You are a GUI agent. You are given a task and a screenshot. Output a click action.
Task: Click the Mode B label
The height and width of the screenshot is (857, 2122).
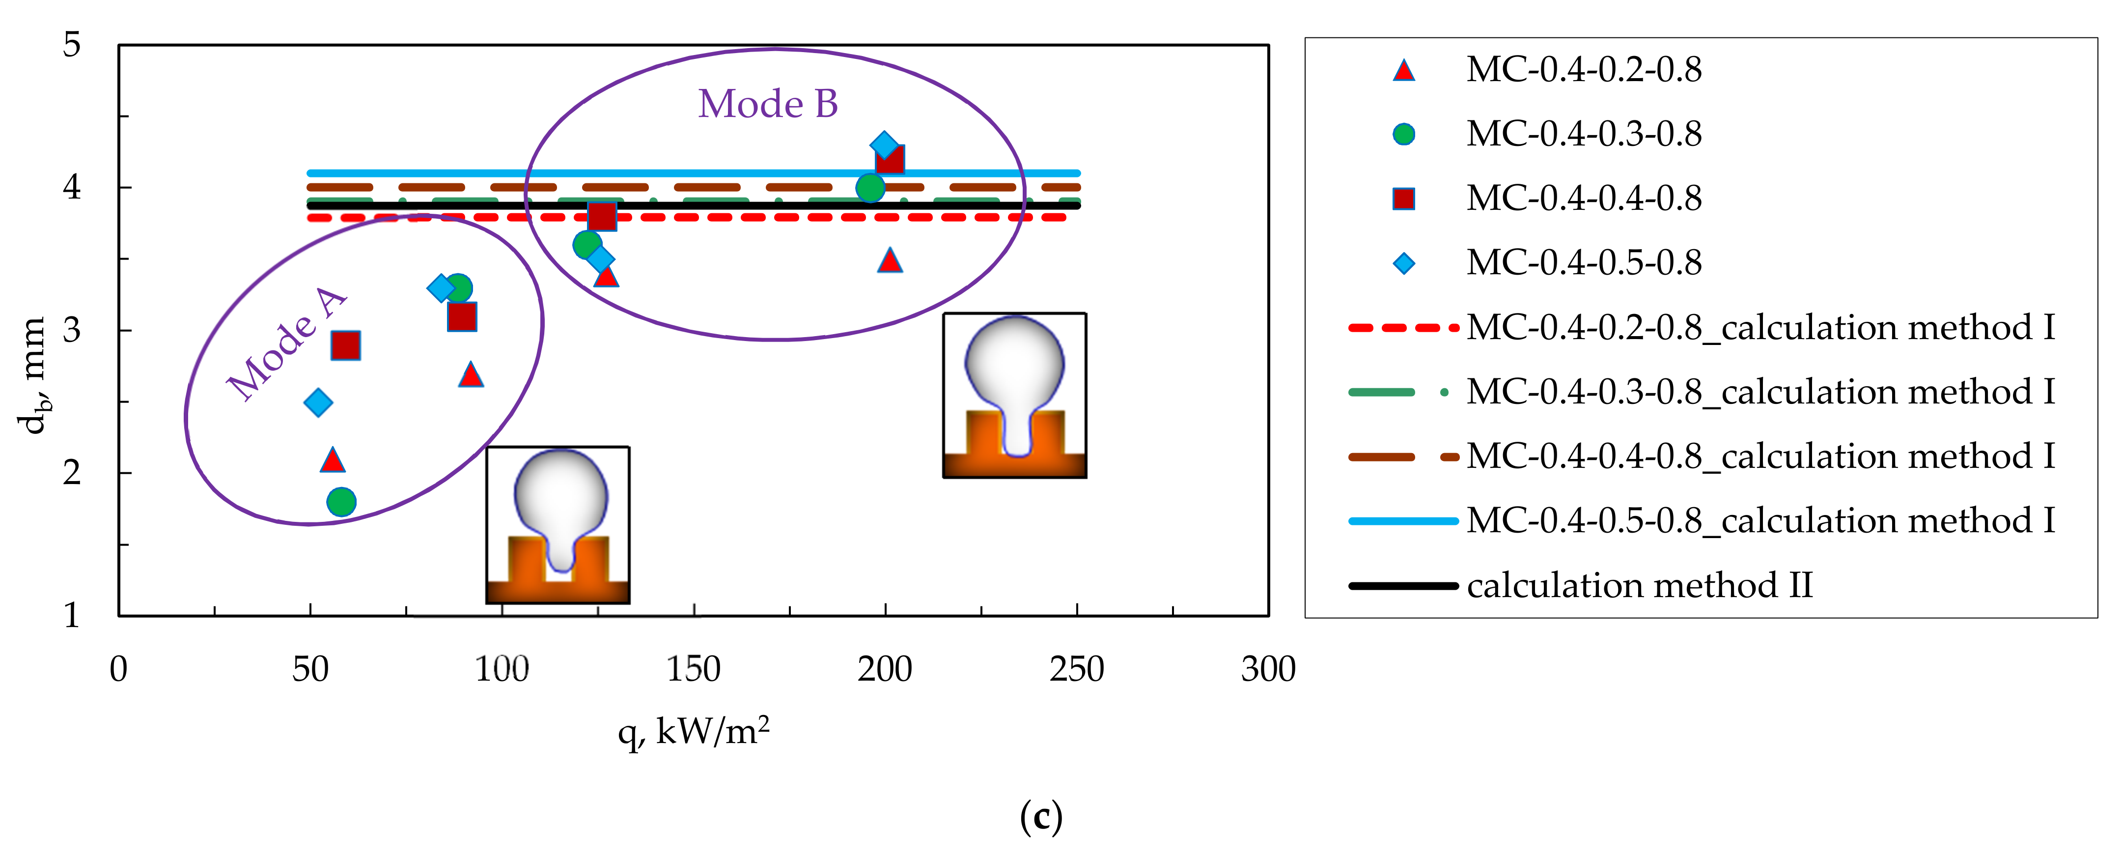768,105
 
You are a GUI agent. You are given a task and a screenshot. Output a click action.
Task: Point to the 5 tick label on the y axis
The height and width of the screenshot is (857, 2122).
73,45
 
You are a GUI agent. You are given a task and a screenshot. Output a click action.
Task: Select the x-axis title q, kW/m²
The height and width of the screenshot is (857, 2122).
694,731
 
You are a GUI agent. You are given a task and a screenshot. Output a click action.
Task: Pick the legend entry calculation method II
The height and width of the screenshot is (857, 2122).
1639,585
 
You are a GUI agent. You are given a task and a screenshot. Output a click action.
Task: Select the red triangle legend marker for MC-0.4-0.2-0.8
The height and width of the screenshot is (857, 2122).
1404,71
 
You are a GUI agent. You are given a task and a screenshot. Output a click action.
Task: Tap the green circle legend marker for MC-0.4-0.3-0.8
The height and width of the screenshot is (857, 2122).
1404,134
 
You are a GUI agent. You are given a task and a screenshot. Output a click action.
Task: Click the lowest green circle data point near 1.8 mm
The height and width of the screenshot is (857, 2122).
341,501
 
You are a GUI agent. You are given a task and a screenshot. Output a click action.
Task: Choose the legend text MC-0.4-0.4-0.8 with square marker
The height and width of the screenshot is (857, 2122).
1583,199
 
